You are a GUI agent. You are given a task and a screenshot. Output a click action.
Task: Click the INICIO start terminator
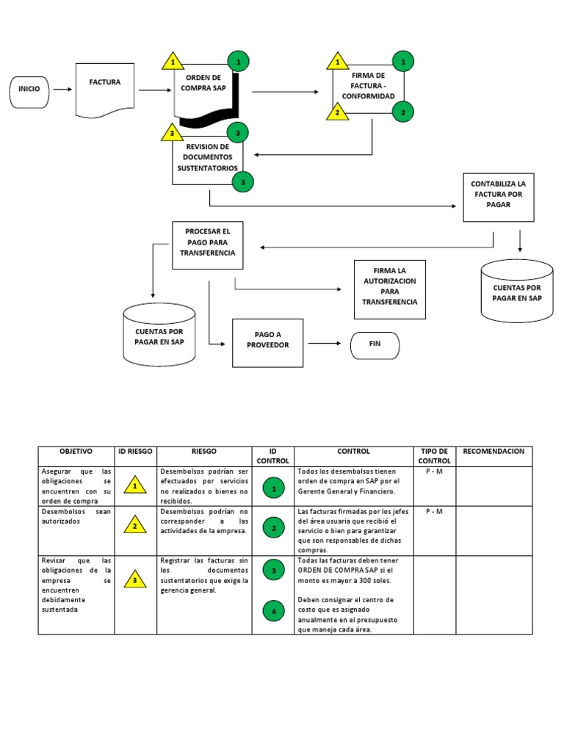click(29, 90)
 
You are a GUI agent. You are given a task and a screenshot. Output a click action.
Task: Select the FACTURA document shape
click(105, 89)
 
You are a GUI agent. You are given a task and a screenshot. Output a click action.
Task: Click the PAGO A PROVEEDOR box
click(267, 342)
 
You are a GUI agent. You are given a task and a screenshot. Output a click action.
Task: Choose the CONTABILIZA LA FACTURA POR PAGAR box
click(498, 196)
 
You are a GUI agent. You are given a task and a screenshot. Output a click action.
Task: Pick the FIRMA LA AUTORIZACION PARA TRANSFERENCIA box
click(389, 289)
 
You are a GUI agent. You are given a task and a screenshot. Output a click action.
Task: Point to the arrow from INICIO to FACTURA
click(62, 90)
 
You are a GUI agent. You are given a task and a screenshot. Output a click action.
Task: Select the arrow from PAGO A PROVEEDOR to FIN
click(324, 343)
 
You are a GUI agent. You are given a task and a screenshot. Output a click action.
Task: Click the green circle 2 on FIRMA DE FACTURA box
click(402, 112)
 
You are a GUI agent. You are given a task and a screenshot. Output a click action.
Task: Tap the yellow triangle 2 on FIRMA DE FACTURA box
click(337, 112)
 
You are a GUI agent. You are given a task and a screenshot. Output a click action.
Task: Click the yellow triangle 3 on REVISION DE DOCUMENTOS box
click(172, 133)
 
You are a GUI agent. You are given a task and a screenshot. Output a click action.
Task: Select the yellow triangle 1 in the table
click(135, 485)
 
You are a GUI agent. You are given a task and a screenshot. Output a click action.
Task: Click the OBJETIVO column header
click(76, 451)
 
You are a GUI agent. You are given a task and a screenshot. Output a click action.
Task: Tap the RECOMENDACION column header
click(493, 451)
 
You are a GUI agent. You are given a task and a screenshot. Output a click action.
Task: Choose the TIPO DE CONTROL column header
click(434, 455)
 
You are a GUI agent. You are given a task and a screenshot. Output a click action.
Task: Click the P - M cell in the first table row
click(434, 471)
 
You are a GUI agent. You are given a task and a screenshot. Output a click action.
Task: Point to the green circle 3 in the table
click(273, 570)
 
